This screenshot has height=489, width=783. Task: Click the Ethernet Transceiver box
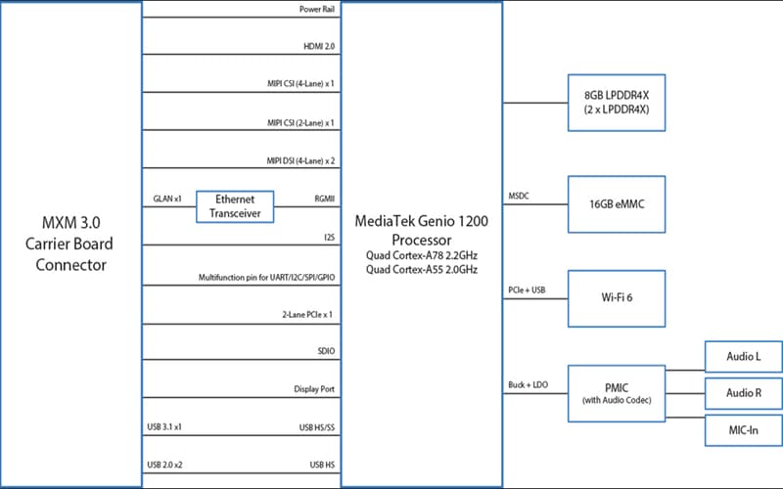click(235, 205)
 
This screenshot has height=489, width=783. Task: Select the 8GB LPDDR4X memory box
click(617, 102)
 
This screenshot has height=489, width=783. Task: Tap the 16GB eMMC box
click(617, 204)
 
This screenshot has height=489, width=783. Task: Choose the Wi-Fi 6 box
click(617, 299)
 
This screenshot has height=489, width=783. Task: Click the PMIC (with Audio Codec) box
click(617, 392)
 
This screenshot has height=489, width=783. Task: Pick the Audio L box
click(744, 356)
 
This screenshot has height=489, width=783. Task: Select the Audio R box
click(744, 393)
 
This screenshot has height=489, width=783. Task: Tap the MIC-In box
click(744, 430)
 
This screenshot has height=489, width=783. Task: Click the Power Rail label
click(316, 10)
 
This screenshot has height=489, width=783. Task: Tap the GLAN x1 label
click(167, 199)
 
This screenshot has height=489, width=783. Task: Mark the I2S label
click(328, 237)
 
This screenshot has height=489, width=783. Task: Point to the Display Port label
click(314, 388)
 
